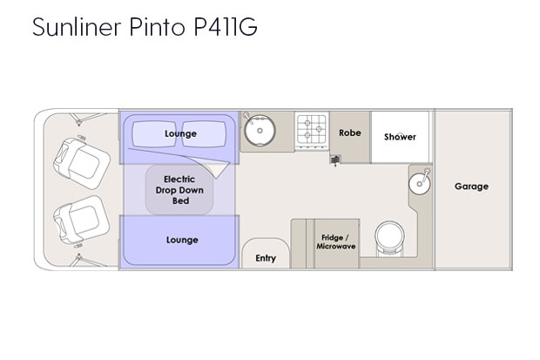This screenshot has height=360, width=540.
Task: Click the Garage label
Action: pos(471,187)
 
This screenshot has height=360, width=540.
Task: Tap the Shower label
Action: pos(400,137)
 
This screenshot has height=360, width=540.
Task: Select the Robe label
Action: pos(350,132)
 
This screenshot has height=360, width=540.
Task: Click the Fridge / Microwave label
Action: pos(336,242)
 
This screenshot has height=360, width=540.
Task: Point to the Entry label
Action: pos(266,258)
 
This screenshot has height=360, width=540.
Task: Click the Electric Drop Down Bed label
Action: pos(179,190)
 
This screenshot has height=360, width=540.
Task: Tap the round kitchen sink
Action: pos(260,131)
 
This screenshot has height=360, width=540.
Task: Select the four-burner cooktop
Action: pos(312,131)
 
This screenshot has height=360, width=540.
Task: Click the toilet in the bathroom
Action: pos(389,239)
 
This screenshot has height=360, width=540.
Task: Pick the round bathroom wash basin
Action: pos(420,183)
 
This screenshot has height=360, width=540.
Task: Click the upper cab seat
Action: pos(82,163)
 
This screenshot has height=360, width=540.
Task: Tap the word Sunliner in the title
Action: pos(77,26)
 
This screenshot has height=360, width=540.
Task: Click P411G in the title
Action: pos(226,26)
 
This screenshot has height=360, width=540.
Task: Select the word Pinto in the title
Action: pos(158,26)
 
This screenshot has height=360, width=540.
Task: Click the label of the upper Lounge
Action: pos(180,133)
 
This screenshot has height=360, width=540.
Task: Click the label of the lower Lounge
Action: pos(182,240)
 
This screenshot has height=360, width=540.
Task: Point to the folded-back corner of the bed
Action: pos(217,170)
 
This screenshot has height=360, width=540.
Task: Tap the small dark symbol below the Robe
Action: pos(335,160)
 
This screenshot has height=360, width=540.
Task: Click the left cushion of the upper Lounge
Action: pos(154,134)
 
